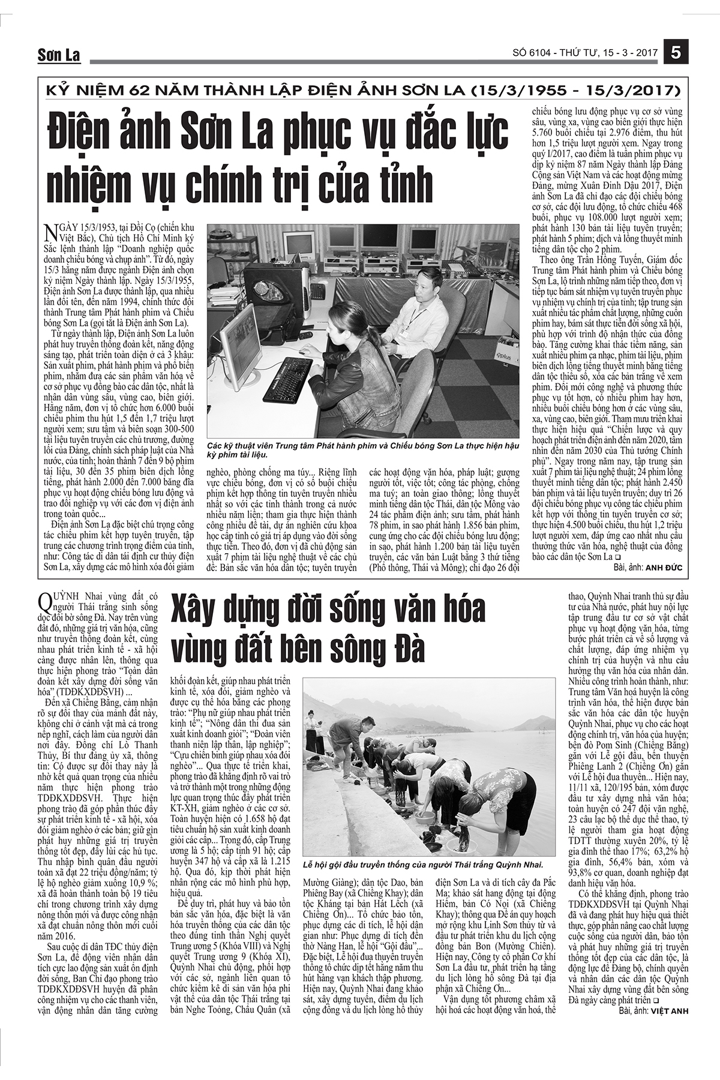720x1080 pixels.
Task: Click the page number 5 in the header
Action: tap(676, 53)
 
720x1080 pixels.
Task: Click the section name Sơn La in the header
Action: tap(59, 56)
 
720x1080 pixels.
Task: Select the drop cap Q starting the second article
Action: tap(44, 599)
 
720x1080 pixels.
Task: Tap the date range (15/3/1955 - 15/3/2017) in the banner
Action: tap(577, 91)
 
